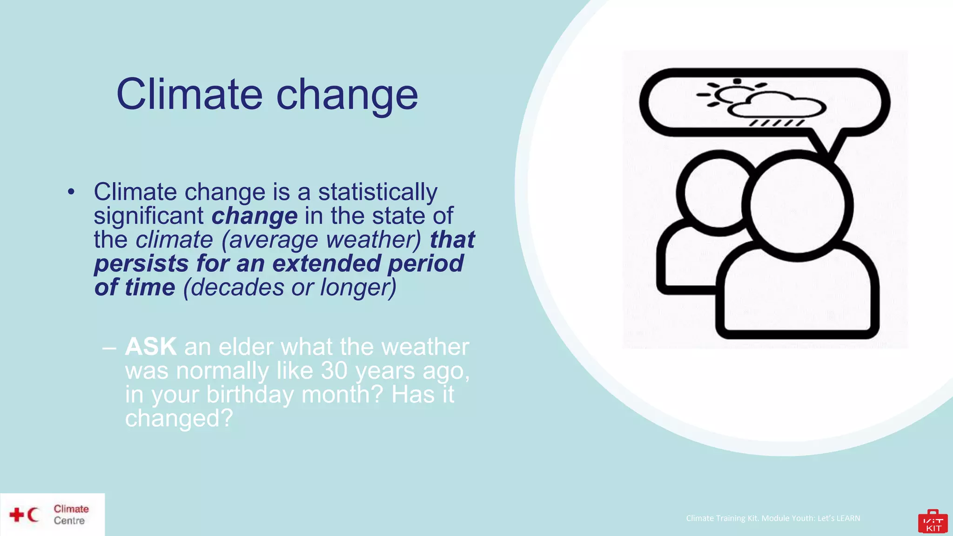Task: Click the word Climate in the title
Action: [x=189, y=94]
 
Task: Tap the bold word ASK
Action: [x=151, y=347]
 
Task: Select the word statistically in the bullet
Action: [x=377, y=192]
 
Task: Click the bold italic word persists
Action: [x=141, y=263]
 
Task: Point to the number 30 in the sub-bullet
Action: [x=334, y=371]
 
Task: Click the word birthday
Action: [x=250, y=395]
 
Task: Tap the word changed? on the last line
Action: [x=179, y=418]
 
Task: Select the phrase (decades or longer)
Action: [x=289, y=288]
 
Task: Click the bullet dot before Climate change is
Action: [x=71, y=192]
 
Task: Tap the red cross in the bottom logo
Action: [x=17, y=515]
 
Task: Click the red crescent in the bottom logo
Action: [x=33, y=515]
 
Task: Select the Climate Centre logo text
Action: [x=71, y=515]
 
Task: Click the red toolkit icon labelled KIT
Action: [x=933, y=522]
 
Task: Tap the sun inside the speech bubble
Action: [x=731, y=93]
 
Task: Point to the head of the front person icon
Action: [x=797, y=205]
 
